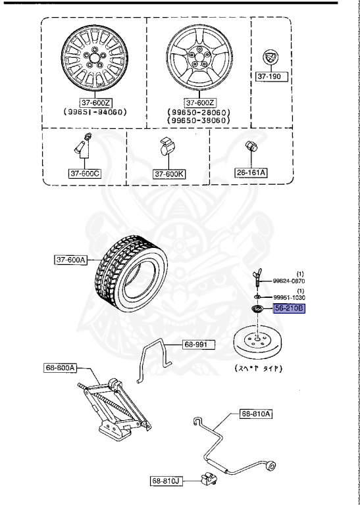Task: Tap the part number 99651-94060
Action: click(x=95, y=112)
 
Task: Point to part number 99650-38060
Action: click(x=197, y=121)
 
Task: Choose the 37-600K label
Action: click(x=170, y=174)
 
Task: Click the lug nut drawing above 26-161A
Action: click(x=251, y=147)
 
